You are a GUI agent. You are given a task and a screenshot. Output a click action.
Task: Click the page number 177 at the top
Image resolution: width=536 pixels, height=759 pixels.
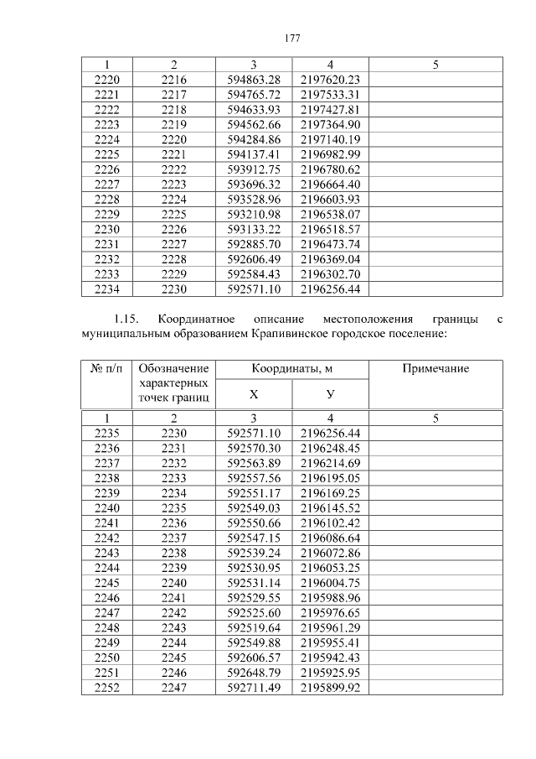tap(291, 39)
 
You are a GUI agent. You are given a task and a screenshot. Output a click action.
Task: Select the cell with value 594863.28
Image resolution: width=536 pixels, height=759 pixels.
tap(253, 79)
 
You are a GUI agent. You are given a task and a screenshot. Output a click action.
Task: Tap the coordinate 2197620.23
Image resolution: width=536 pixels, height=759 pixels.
tap(329, 79)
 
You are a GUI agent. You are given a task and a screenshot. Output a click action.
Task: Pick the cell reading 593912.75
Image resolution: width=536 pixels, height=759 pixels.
tap(253, 169)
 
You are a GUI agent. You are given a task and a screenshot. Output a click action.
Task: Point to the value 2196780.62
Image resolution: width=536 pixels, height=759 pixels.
tap(329, 169)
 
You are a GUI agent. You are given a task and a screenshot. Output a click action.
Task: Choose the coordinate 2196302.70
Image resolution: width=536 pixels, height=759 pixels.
tap(329, 274)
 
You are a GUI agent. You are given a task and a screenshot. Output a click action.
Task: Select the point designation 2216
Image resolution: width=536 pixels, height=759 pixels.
tap(173, 79)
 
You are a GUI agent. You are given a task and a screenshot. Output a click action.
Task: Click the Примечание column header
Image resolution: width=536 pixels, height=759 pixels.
tap(435, 368)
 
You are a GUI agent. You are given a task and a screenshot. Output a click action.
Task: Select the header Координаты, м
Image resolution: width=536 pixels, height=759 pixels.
tap(291, 368)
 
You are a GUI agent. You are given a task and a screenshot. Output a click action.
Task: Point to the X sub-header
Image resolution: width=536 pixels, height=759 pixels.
tap(253, 394)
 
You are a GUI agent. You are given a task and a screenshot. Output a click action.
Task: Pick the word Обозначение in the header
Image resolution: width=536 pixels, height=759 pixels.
tap(173, 368)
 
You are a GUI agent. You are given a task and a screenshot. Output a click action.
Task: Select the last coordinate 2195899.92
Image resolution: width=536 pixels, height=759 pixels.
tap(329, 689)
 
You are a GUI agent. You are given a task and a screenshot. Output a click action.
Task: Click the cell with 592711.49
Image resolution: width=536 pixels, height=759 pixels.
tap(253, 689)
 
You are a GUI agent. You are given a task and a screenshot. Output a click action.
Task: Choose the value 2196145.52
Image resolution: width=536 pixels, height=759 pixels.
tap(329, 507)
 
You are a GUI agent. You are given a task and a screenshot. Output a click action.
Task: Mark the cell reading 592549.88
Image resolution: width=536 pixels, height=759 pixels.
tap(253, 643)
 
